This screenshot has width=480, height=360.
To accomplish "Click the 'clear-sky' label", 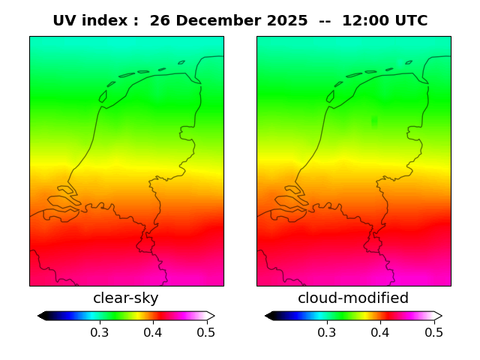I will tap(126, 298).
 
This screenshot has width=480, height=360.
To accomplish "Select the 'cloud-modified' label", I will tap(353, 298).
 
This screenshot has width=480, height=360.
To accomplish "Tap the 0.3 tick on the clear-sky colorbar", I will tap(99, 332).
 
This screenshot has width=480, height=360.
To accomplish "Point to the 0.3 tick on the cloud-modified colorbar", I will tap(326, 332).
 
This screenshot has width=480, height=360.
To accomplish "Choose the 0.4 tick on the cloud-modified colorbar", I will tap(379, 332).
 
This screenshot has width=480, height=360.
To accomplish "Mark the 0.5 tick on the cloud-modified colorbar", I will tap(433, 332).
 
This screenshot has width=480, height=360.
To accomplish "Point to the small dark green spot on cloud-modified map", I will tap(374, 120).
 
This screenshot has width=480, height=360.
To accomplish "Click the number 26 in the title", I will tap(160, 21).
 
